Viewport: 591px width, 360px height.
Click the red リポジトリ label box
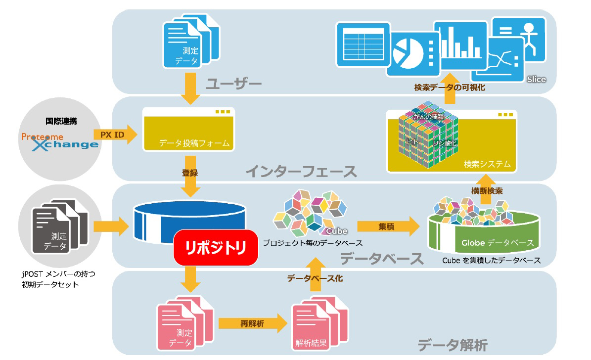pos(216,247)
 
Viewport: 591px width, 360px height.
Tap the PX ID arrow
pos(114,134)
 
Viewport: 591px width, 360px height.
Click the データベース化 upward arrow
pos(315,279)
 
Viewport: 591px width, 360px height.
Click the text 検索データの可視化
pos(449,88)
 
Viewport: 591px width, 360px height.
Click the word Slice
pos(536,79)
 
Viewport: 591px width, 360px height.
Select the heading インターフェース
pos(301,172)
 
